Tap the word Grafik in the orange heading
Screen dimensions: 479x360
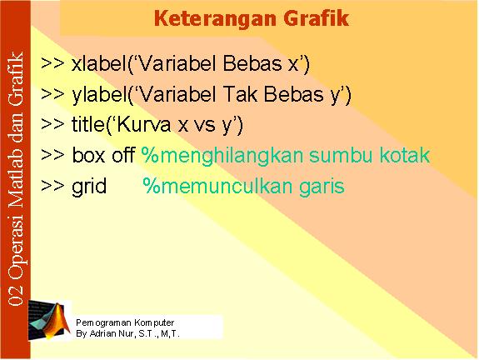(317, 18)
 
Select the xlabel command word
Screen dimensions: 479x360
(99, 63)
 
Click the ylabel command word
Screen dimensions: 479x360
(100, 94)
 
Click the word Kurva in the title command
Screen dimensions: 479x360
(143, 124)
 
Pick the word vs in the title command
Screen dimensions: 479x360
(205, 126)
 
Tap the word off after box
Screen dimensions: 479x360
(123, 155)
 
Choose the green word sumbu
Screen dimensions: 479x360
(341, 155)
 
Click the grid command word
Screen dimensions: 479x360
(89, 187)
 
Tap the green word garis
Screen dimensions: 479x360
(322, 187)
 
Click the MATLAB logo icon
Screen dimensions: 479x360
(49, 320)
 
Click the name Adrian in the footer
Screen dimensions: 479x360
(102, 333)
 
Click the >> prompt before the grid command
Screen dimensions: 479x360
(52, 185)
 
